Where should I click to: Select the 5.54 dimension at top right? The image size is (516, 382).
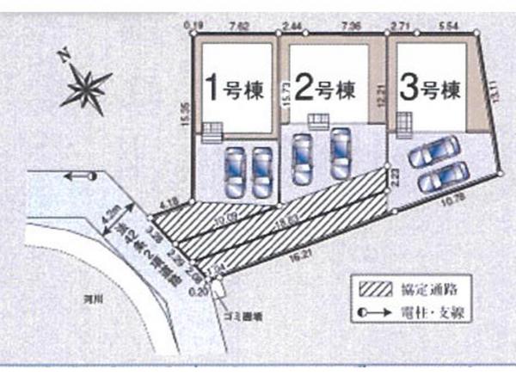click(444, 28)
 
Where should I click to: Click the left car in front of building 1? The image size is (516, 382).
click(234, 171)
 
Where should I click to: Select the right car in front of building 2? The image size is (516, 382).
click(341, 152)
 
